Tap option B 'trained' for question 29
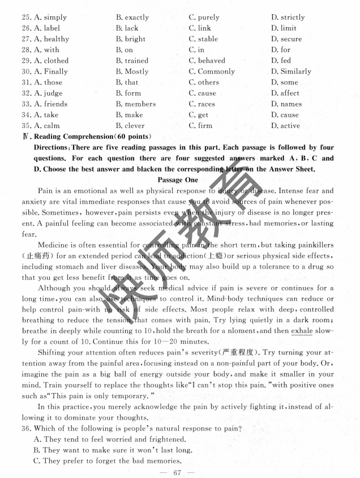(132, 61)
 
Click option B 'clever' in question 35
(130, 125)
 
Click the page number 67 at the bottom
(179, 473)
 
